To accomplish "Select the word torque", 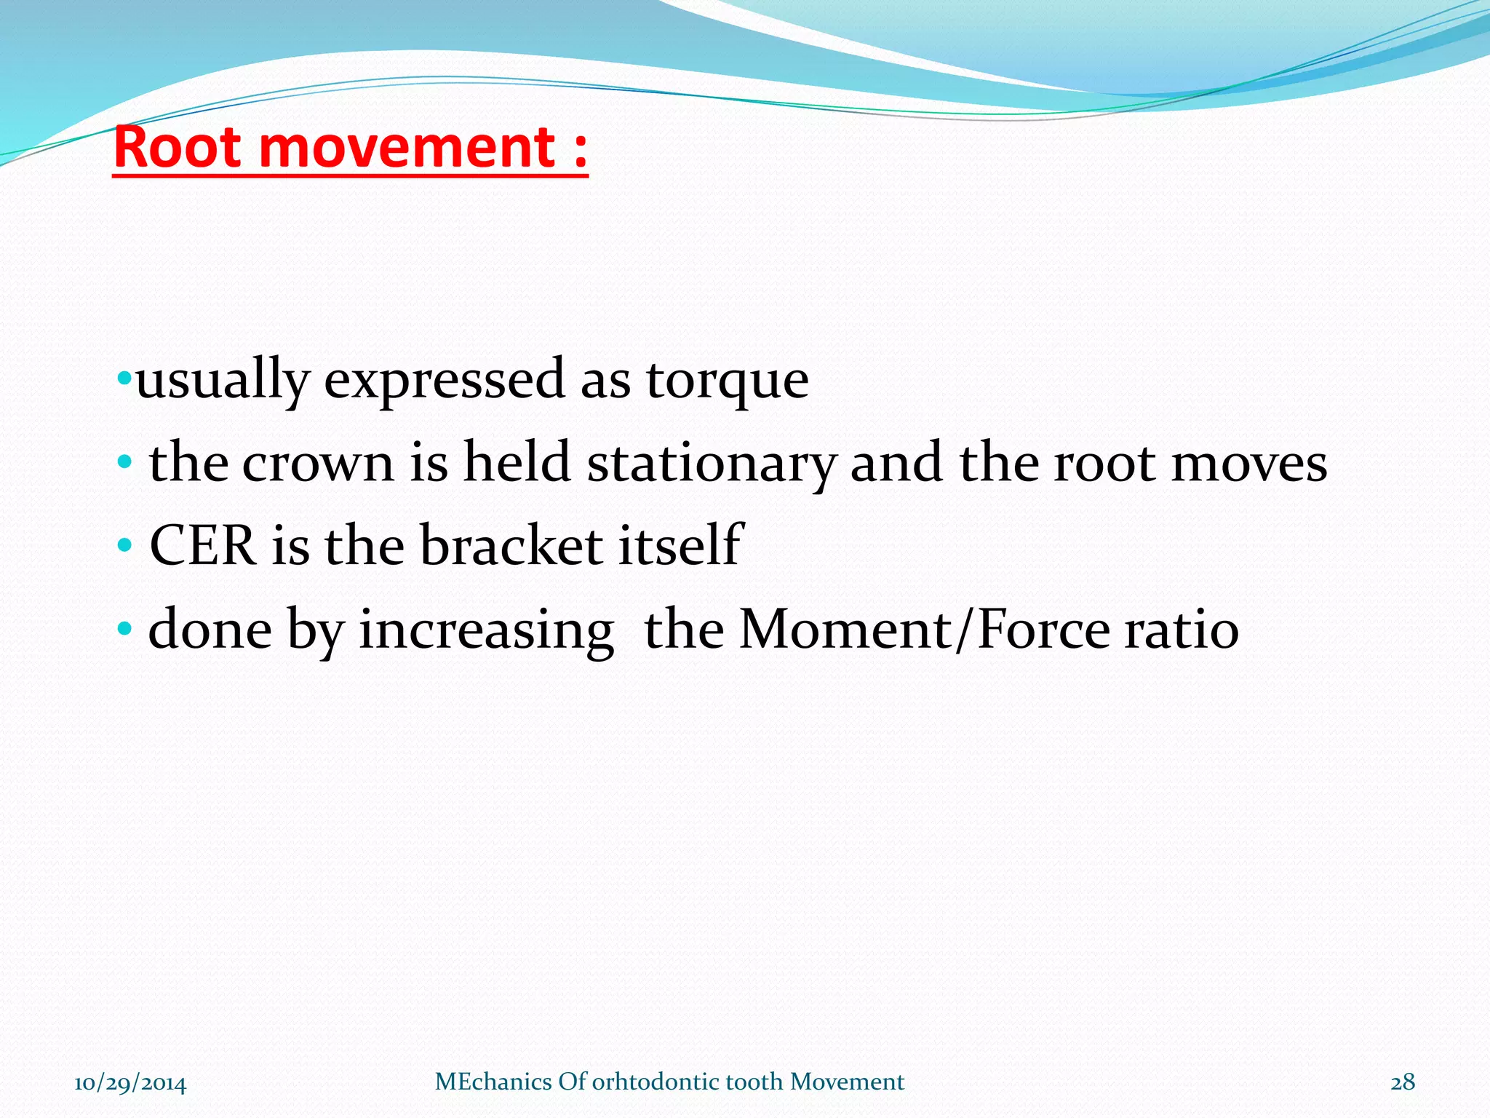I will pos(727,381).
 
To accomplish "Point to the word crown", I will pos(318,464).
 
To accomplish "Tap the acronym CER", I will pos(202,546).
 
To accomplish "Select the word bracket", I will pos(511,546).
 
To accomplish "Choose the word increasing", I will pos(486,630).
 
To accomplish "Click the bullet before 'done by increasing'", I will pos(124,627).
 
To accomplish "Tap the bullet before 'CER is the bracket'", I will pos(124,544).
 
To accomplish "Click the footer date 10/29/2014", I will pos(130,1083).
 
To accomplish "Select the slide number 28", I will pos(1403,1082).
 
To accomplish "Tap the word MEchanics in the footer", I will pos(493,1082).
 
